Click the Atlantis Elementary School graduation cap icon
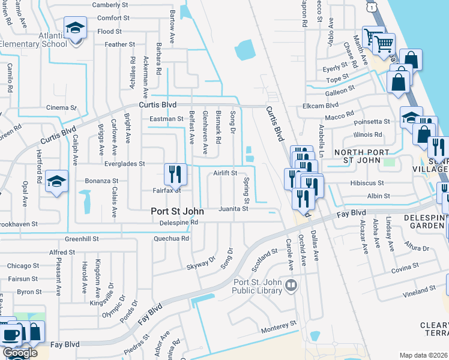click(76, 28)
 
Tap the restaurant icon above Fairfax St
click(176, 174)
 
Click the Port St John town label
click(177, 212)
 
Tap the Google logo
click(20, 353)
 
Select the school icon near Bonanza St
click(57, 182)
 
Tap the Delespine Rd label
click(179, 223)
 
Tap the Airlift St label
click(225, 173)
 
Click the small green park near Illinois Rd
click(390, 162)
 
